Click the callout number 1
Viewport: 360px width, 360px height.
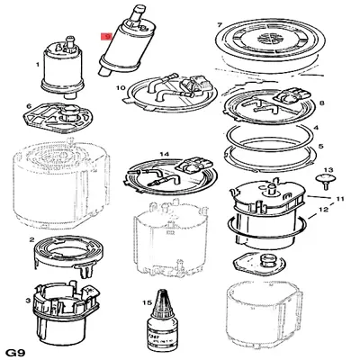point(37,65)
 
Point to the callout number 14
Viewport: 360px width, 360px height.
point(164,154)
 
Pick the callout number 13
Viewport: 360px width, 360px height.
point(328,169)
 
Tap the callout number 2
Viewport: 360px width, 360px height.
point(31,240)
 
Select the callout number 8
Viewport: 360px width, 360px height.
point(322,103)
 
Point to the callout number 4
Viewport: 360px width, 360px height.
point(321,129)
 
